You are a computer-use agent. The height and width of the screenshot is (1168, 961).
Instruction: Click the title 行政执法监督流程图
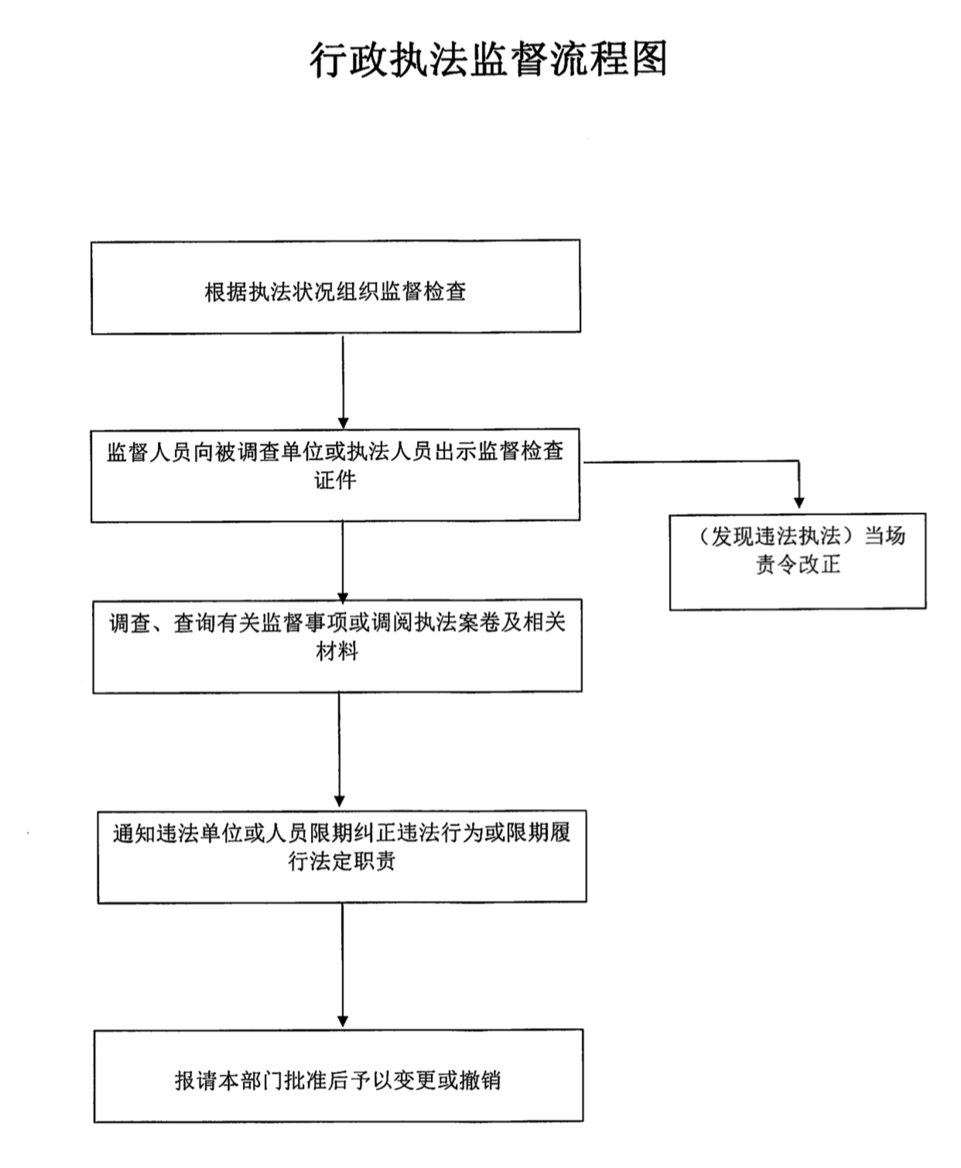click(488, 60)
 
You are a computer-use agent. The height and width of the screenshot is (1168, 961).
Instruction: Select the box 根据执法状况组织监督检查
click(336, 287)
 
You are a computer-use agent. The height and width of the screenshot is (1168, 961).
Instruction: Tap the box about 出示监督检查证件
click(336, 475)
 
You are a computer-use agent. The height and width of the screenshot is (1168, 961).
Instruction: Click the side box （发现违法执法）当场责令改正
click(798, 562)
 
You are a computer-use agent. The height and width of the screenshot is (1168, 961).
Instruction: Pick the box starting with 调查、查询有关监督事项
click(337, 646)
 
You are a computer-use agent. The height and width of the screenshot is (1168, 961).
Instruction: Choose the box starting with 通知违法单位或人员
click(342, 857)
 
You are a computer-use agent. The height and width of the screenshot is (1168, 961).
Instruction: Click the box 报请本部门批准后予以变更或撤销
click(339, 1076)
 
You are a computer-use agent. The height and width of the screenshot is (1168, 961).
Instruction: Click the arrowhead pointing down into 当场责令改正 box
click(799, 502)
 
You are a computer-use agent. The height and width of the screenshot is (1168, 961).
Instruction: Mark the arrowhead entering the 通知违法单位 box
click(340, 801)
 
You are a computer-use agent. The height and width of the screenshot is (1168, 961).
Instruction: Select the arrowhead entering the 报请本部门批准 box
click(343, 1021)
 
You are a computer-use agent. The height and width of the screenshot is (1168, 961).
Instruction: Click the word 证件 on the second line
click(336, 480)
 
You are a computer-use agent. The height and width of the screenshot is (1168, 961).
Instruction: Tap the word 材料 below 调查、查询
click(337, 651)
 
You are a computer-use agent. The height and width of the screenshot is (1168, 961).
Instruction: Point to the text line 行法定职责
click(341, 861)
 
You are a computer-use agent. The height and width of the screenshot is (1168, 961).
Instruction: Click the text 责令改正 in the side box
click(798, 564)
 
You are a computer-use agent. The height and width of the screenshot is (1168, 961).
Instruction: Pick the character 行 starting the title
click(328, 60)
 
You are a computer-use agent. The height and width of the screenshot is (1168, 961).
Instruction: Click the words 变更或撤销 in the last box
click(447, 1081)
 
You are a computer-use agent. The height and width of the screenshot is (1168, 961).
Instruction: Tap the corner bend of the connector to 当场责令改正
click(799, 461)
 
